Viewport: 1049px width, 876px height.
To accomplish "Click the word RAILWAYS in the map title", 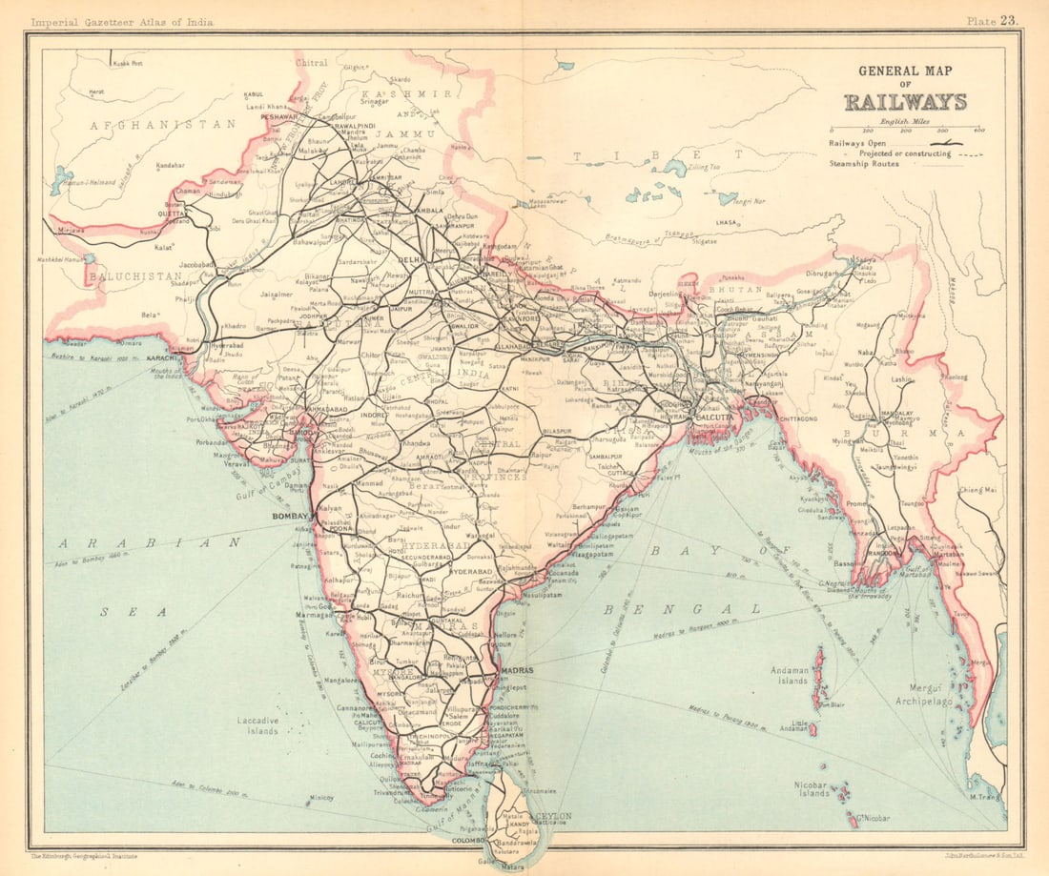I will pos(905,102).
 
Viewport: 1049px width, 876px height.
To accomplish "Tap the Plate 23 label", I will pos(993,20).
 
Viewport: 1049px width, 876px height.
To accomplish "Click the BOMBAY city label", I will pos(291,516).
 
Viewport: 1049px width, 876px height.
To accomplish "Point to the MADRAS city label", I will pos(517,670).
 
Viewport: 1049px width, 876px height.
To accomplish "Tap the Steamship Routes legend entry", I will pos(864,163).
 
